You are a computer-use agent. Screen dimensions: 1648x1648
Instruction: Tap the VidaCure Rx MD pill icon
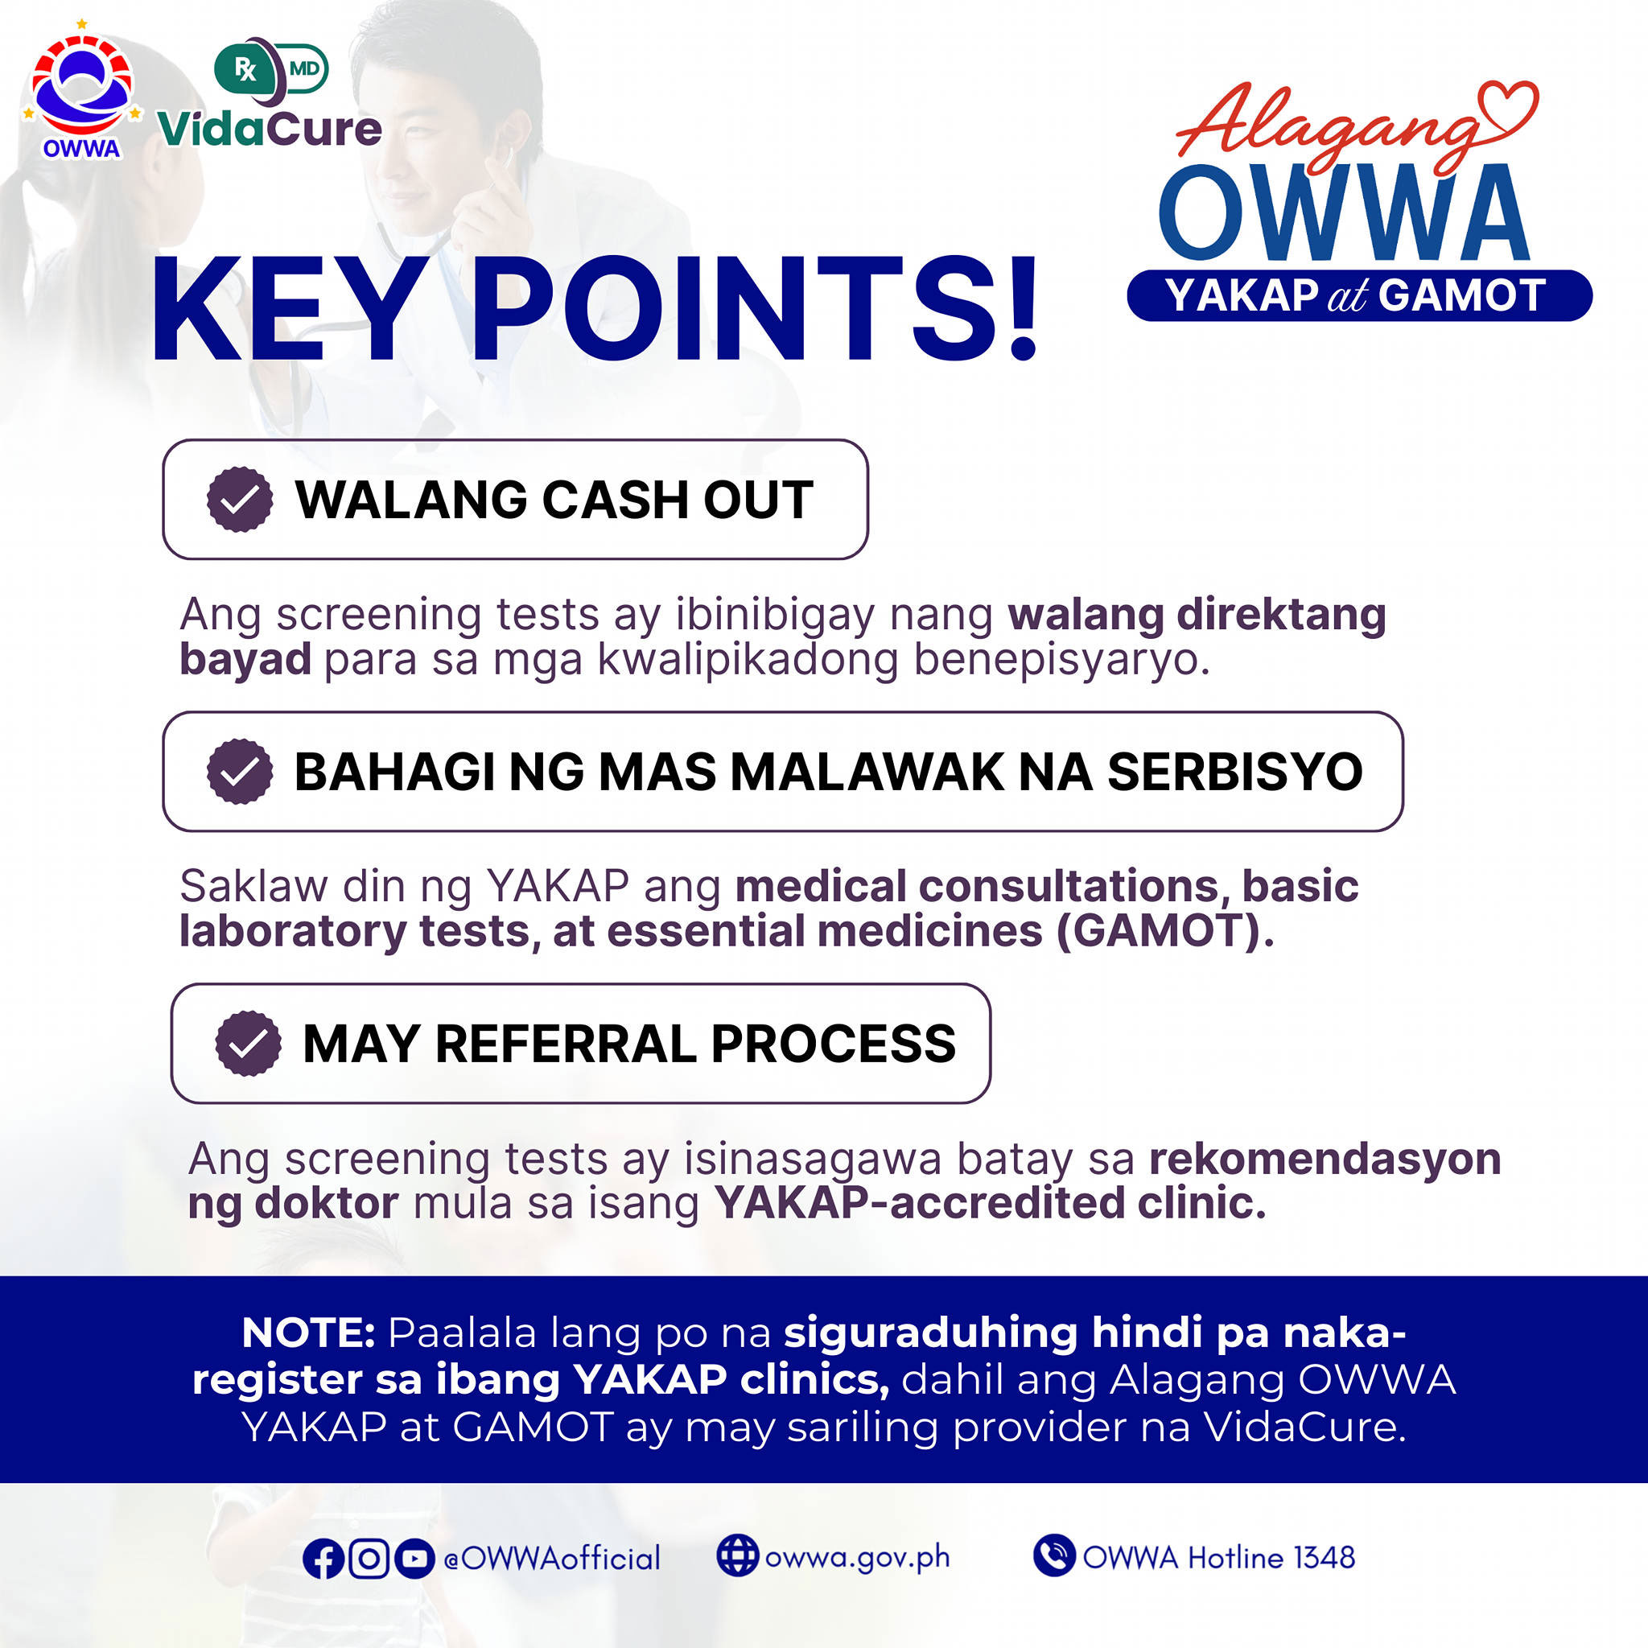(x=271, y=68)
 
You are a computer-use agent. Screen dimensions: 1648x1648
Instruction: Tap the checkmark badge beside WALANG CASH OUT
(x=240, y=500)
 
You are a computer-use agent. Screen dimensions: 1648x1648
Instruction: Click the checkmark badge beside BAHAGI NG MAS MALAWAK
(x=240, y=771)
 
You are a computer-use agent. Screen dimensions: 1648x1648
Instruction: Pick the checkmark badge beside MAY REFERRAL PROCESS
(x=248, y=1043)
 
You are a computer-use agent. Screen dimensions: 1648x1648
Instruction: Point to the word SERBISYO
(x=1235, y=771)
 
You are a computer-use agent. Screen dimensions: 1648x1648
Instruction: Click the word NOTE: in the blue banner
(x=309, y=1333)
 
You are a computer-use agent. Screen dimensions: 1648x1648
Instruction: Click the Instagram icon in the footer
(x=369, y=1559)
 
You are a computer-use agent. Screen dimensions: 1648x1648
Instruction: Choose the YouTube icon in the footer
(x=414, y=1559)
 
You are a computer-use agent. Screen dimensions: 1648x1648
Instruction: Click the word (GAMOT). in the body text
(x=1165, y=931)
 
